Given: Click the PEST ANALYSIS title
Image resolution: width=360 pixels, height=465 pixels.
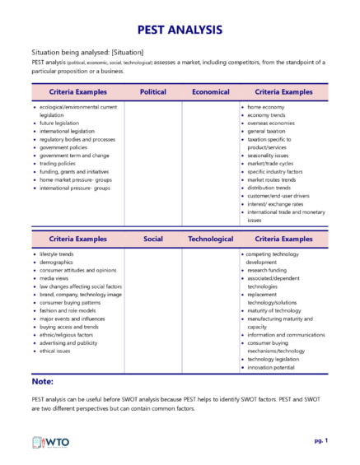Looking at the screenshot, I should click(180, 30).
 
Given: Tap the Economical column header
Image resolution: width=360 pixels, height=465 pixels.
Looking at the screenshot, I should click(210, 92).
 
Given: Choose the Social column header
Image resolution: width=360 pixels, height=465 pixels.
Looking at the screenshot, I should click(152, 239).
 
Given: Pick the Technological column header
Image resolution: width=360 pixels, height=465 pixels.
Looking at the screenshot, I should click(210, 239).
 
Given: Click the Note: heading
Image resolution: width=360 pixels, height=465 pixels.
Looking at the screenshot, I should click(42, 382).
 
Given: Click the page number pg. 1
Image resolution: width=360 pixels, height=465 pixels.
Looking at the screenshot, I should click(320, 441).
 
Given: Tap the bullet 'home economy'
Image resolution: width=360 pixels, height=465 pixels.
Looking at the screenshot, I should click(265, 107).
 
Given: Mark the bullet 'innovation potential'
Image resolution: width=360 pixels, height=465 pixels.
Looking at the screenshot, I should click(272, 366).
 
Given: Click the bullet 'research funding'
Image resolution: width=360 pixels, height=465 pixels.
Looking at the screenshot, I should click(268, 270).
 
